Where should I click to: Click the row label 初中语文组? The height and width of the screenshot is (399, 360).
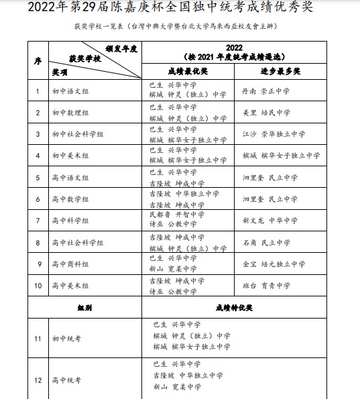pos(70,91)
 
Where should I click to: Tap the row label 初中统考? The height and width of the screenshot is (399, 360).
pos(66,337)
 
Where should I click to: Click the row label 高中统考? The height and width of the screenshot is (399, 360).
pos(66,380)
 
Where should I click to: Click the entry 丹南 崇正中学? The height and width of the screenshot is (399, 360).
pos(265,91)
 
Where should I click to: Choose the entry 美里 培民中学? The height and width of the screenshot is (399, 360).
pos(265,112)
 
